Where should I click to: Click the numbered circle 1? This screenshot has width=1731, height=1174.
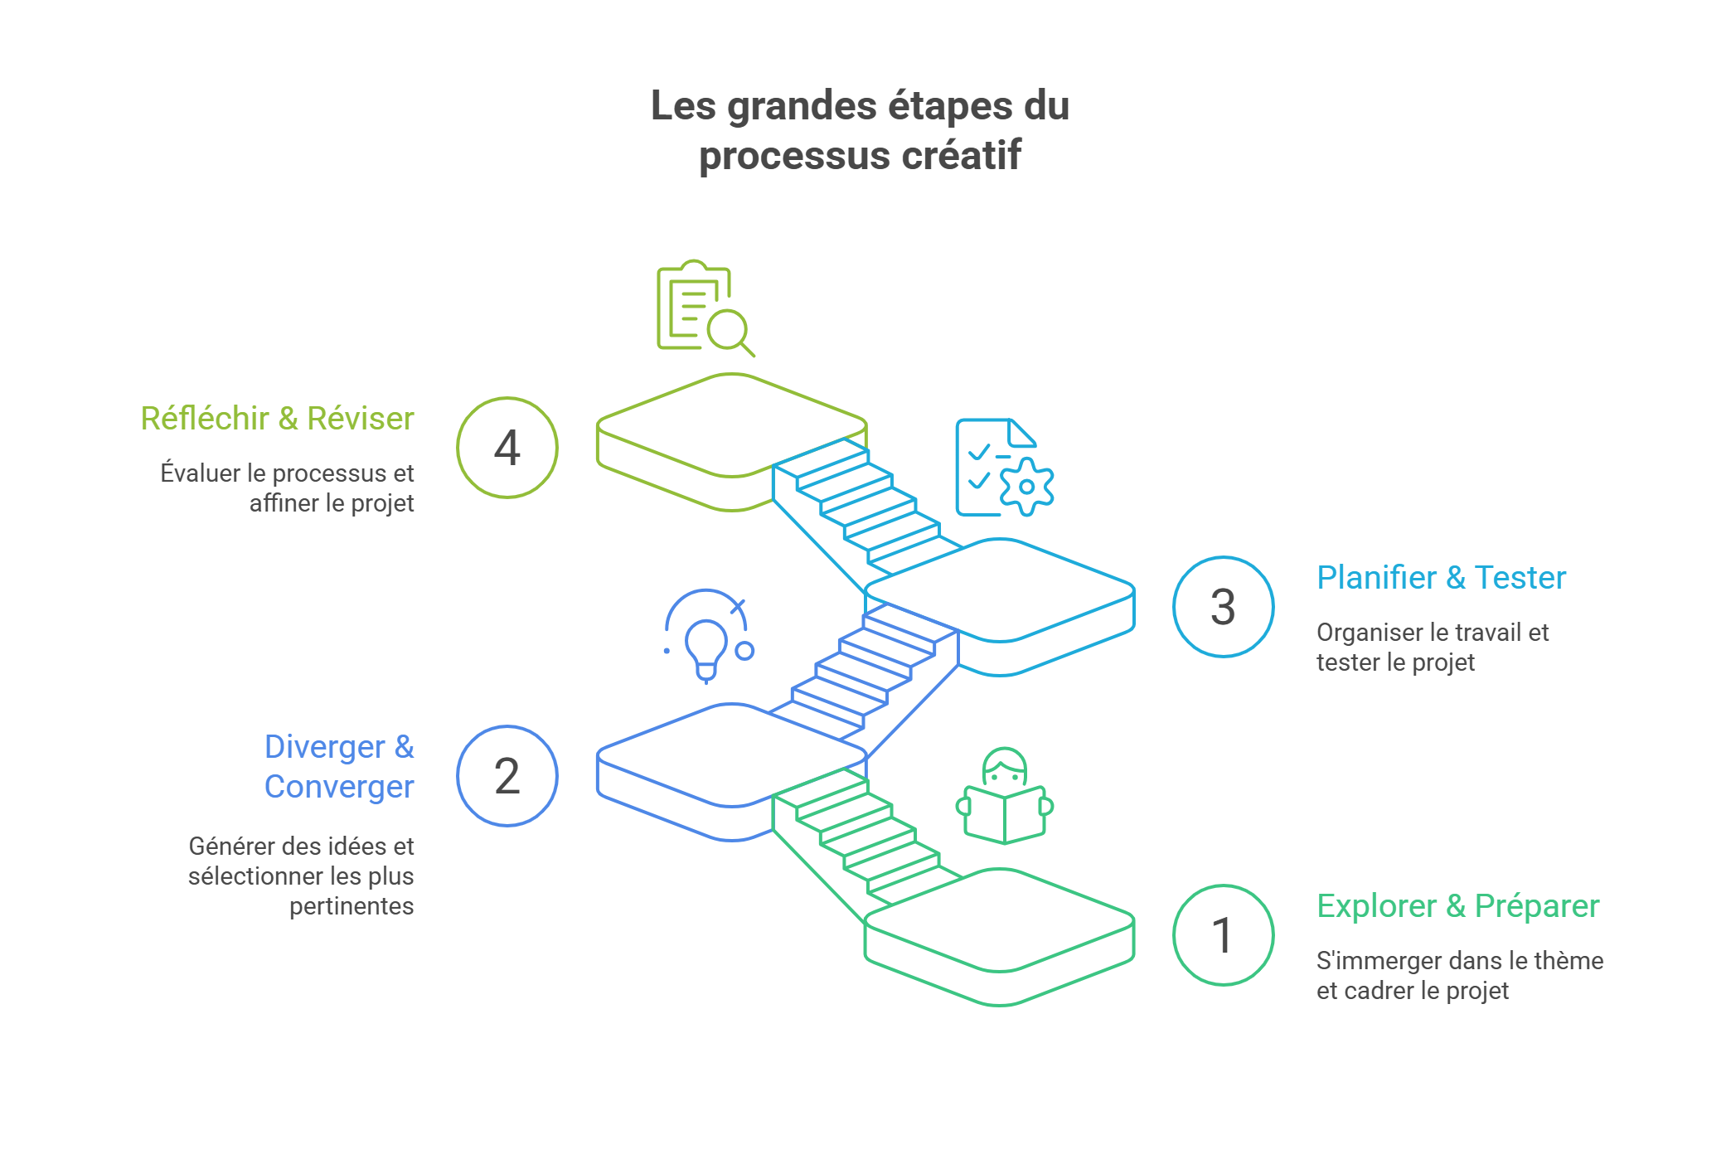click(1223, 935)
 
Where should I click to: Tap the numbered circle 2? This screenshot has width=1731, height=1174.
click(507, 776)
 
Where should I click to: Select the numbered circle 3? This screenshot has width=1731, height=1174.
click(1223, 607)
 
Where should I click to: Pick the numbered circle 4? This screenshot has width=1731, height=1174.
click(507, 448)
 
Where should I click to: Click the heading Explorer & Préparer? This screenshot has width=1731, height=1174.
click(1457, 905)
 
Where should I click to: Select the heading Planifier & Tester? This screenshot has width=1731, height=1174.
click(1441, 577)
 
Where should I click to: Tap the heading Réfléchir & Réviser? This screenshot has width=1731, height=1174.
click(277, 418)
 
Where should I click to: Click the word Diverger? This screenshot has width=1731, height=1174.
click(324, 746)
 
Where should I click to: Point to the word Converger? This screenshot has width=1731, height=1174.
click(339, 786)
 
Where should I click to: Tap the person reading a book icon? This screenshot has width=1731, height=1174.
click(1004, 798)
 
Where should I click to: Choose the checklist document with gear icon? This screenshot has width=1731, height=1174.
click(1003, 468)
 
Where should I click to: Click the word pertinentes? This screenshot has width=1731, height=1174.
click(352, 905)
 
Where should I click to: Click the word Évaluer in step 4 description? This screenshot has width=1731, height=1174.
click(200, 473)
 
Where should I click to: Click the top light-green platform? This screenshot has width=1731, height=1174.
click(731, 424)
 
